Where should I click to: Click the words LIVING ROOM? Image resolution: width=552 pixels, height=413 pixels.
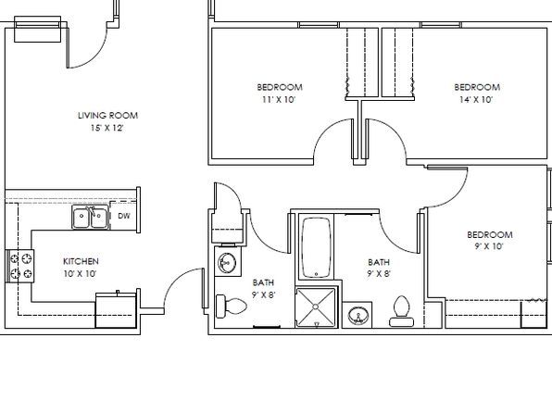[x=107, y=116]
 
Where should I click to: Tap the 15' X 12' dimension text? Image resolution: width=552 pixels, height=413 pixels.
[x=107, y=128]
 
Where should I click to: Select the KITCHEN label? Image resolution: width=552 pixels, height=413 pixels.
[x=81, y=261]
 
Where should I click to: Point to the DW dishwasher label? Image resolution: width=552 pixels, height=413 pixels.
[x=123, y=216]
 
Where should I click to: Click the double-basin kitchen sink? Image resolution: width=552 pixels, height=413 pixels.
[x=90, y=217]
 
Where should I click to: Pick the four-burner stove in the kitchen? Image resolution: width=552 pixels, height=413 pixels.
[x=20, y=266]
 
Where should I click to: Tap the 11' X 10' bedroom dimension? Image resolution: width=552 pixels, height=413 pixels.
[x=279, y=100]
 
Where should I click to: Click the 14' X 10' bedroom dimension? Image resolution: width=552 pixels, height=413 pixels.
[x=476, y=100]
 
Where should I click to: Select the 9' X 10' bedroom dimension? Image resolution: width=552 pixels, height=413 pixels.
[x=489, y=246]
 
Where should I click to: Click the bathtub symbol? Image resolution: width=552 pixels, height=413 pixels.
[x=316, y=247]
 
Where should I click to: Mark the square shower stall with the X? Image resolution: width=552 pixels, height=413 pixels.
[x=316, y=307]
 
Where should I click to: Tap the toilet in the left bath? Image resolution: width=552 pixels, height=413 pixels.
[x=231, y=306]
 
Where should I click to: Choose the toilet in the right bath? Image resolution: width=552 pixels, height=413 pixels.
[x=402, y=311]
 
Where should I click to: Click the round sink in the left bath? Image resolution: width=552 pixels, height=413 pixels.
[x=228, y=262]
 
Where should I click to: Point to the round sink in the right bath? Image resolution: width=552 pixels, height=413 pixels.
[x=358, y=315]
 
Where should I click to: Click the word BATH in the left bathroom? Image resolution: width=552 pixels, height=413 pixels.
[x=263, y=282]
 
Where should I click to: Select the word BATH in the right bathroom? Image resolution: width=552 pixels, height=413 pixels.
[x=379, y=262]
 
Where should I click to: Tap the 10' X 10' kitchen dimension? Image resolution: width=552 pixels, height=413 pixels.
[x=80, y=273]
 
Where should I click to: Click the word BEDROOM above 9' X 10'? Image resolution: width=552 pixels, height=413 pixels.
[x=489, y=234]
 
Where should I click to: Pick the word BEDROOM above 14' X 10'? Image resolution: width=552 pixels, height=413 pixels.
[x=477, y=87]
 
